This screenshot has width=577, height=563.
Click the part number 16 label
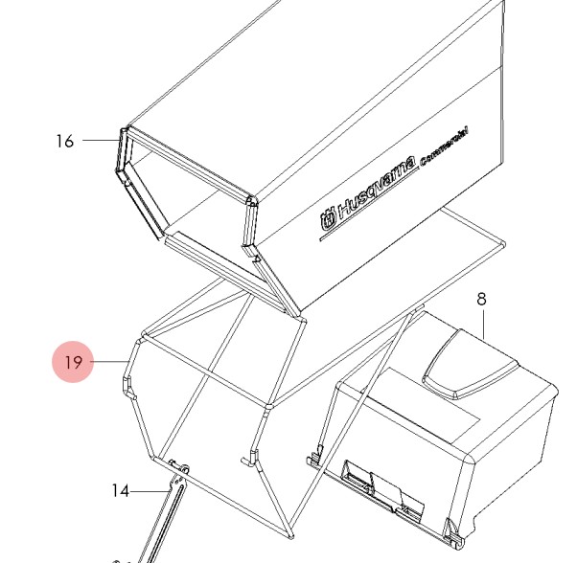tap(64, 142)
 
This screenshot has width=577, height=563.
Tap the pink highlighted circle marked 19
tap(73, 362)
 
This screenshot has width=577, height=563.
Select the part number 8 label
tap(481, 300)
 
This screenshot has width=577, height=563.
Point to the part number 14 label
tap(120, 491)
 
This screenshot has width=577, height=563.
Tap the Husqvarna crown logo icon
tap(329, 220)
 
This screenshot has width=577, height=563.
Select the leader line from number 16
tap(99, 141)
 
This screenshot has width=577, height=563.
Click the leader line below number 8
tap(482, 324)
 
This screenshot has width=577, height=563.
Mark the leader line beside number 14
tap(149, 491)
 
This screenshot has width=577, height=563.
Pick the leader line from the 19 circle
tap(110, 361)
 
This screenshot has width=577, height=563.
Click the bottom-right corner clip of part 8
tap(450, 526)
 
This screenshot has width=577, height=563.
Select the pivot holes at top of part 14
tap(178, 467)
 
